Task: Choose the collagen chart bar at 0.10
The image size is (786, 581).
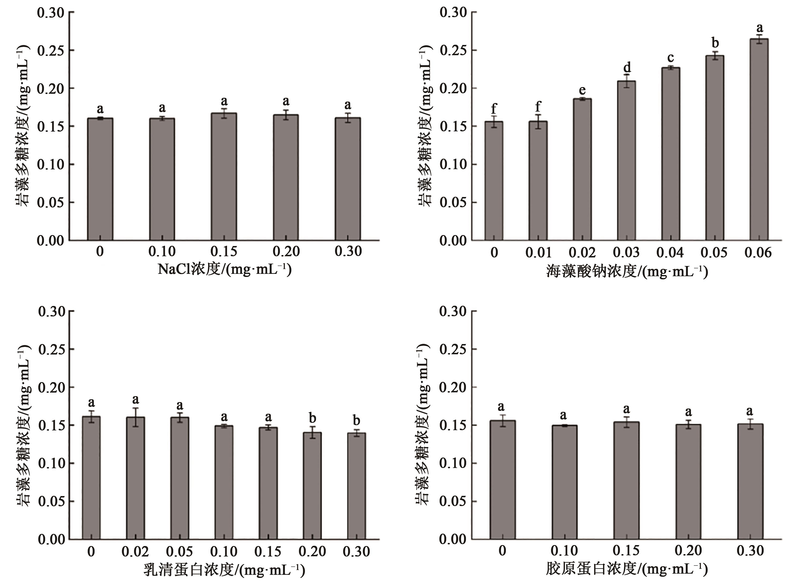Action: point(564,482)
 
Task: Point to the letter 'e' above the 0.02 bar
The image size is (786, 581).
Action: point(583,90)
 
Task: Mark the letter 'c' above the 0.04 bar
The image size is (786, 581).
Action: point(671,58)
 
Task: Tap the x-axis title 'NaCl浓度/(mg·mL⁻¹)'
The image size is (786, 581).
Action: point(225,270)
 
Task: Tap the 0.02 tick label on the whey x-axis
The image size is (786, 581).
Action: point(135,551)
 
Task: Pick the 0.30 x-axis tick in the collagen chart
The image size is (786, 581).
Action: point(750,550)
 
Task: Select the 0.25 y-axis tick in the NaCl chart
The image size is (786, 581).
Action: point(51,50)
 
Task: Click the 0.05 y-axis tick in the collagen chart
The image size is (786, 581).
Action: point(453,501)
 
